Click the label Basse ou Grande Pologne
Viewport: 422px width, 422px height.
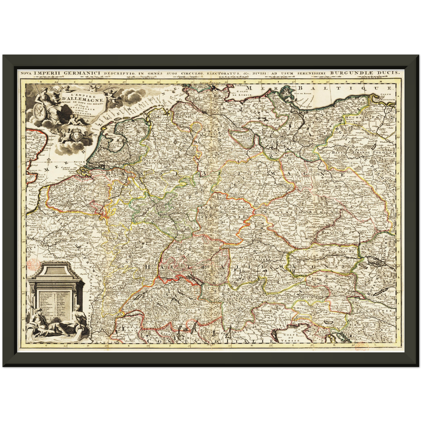click(x=362, y=152)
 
